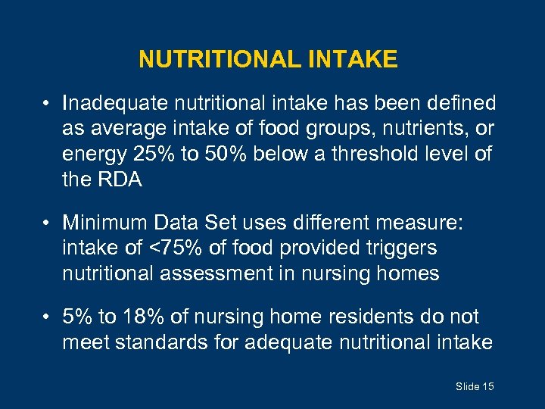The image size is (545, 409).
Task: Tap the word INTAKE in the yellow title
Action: tap(353, 60)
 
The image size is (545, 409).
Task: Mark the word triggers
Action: tap(400, 248)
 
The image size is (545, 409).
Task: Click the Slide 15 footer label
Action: tap(475, 387)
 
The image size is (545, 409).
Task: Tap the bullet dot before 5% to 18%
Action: tap(47, 316)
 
